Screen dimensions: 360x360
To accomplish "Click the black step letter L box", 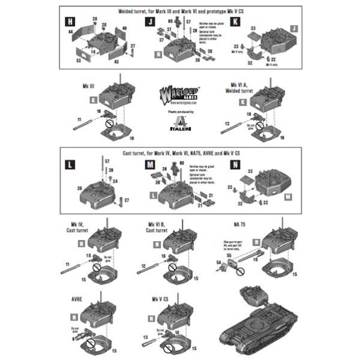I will coord(71,164).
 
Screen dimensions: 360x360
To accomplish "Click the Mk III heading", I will coord(89,86).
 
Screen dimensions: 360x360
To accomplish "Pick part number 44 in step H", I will coord(71,31).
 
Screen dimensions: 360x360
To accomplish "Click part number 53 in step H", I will coord(79,60).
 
